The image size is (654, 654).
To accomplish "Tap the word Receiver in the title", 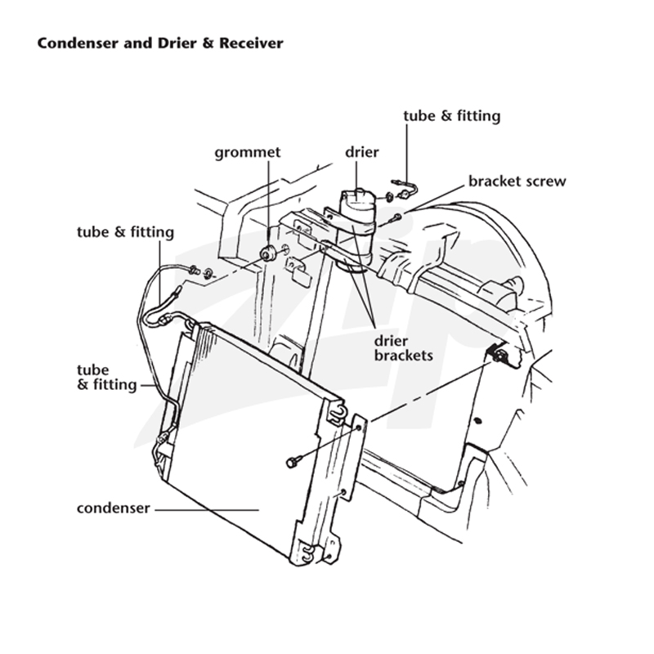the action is [251, 43].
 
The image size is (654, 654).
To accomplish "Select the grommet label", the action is [248, 153].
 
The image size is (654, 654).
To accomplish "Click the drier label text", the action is [361, 152].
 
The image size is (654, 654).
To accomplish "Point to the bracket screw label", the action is [517, 181].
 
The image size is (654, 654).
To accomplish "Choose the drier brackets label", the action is [403, 348].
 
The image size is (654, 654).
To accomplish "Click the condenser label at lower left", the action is [113, 508].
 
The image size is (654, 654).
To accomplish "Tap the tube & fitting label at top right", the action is [452, 116].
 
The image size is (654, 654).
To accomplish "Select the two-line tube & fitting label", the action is [107, 377].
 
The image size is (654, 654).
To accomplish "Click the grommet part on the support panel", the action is [267, 253].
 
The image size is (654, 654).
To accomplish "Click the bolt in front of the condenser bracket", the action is [292, 462].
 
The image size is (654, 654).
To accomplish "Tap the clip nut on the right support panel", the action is [498, 356].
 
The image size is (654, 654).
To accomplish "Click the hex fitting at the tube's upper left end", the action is [193, 270].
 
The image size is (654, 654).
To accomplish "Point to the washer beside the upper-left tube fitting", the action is [208, 274].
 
